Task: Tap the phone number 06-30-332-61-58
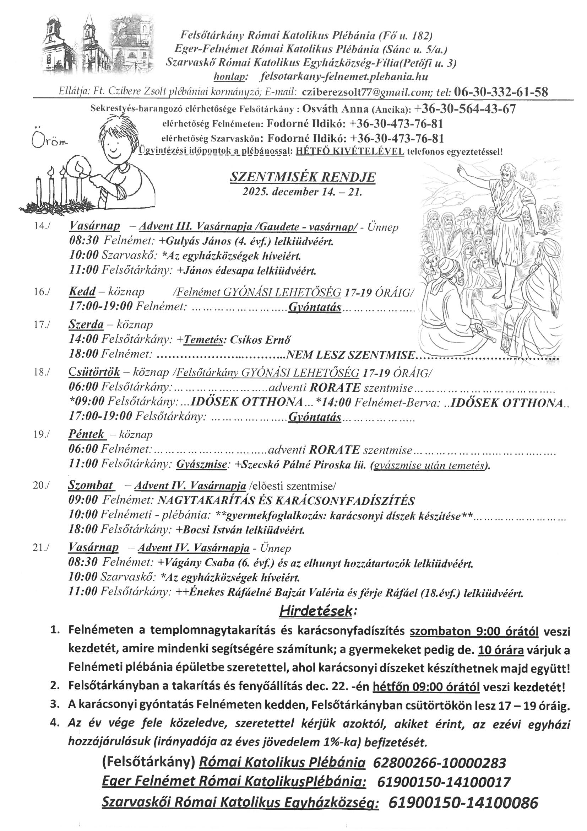pyautogui.click(x=501, y=92)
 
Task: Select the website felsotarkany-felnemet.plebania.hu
pyautogui.click(x=344, y=77)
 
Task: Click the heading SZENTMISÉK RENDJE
pyautogui.click(x=303, y=177)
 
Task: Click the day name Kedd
pyautogui.click(x=82, y=292)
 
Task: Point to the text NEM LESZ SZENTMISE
pyautogui.click(x=350, y=355)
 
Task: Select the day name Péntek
pyautogui.click(x=86, y=434)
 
